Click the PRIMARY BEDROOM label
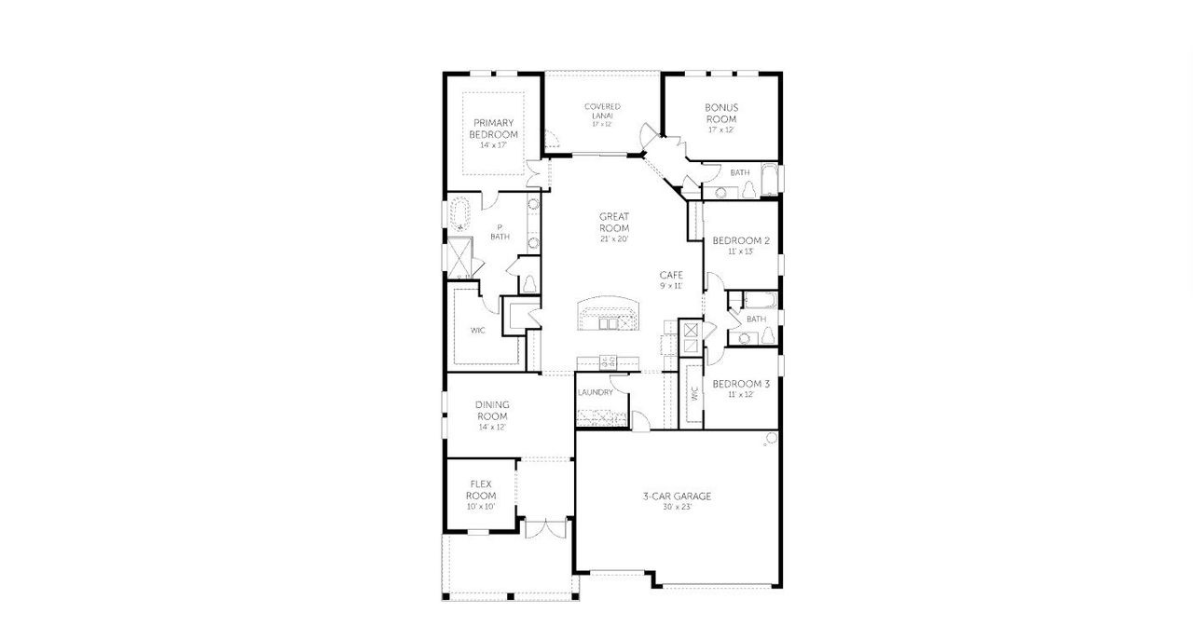494,129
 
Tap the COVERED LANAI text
602,111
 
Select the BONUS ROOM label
720,114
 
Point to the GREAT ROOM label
614,223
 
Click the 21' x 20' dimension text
614,239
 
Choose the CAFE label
671,275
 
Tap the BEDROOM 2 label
741,241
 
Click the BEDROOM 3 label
741,384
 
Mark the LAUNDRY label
595,392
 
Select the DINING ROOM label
492,410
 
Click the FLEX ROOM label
481,490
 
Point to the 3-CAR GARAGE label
677,497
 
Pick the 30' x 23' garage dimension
677,508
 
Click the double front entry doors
544,527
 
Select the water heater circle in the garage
772,438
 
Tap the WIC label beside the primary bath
477,330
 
